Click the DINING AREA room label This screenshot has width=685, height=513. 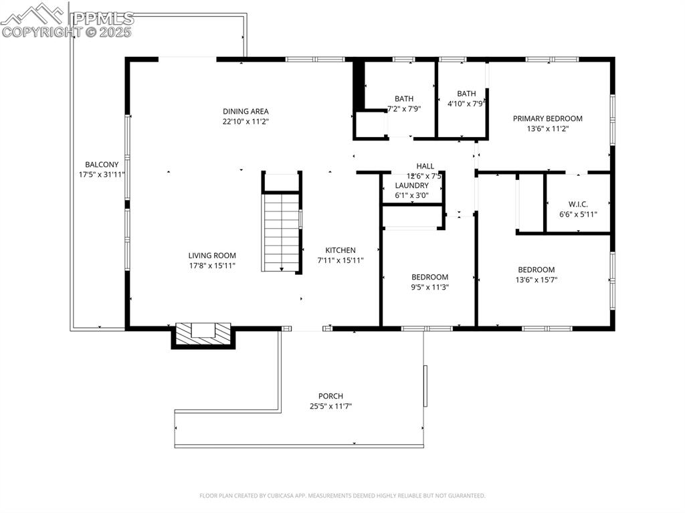246,111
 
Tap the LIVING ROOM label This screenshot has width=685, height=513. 212,255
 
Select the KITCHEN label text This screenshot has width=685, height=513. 340,250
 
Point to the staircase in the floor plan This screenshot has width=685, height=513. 282,231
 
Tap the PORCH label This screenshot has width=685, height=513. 330,396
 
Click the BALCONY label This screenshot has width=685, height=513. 102,165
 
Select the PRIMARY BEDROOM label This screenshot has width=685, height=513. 547,118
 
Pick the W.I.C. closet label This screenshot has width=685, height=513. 578,204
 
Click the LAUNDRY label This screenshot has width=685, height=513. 411,185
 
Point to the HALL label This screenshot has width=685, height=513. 425,166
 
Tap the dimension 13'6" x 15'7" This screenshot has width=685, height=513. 536,280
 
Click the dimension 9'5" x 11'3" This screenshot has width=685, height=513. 429,288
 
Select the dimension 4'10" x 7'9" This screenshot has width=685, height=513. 466,104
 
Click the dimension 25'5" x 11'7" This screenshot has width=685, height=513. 330,406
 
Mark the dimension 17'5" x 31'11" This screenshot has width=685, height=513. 102,175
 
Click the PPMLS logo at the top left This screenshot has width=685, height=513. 67,20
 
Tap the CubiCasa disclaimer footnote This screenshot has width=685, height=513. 342,496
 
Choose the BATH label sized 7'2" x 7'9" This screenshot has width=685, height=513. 404,98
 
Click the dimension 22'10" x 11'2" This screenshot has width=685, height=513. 246,122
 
